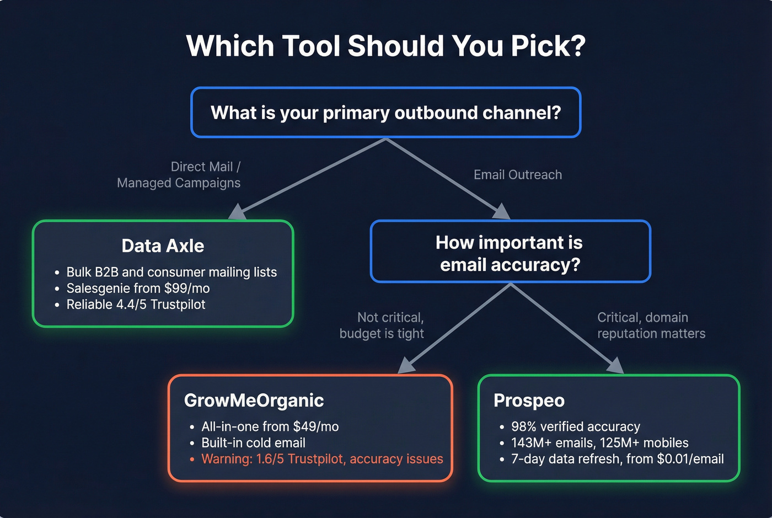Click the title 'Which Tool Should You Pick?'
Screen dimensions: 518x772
pos(385,46)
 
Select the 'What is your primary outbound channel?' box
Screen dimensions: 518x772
pos(385,113)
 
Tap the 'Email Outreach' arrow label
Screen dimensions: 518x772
pos(517,175)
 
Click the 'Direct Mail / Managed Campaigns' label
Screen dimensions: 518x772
pos(179,175)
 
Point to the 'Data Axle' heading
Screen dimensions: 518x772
pos(163,246)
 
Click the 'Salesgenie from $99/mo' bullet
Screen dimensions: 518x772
pos(138,289)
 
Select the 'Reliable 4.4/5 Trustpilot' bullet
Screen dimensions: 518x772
pos(136,305)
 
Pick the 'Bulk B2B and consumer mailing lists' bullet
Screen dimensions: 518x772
pos(171,273)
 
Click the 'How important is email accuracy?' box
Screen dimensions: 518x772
pos(510,253)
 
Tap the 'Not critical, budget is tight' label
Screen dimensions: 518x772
pos(382,325)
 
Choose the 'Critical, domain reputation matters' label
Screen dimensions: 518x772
pos(651,325)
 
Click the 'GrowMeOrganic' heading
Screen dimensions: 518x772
pos(254,400)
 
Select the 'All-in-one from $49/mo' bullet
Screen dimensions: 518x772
pos(270,427)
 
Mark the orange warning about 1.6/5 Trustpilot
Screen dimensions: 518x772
pos(322,459)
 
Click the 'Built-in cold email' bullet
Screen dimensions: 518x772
pos(253,443)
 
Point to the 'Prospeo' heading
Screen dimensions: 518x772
pos(529,400)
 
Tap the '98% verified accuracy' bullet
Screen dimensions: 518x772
pos(575,427)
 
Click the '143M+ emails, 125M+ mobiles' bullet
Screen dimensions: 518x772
pos(599,443)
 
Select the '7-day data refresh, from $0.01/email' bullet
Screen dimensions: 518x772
pos(617,459)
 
